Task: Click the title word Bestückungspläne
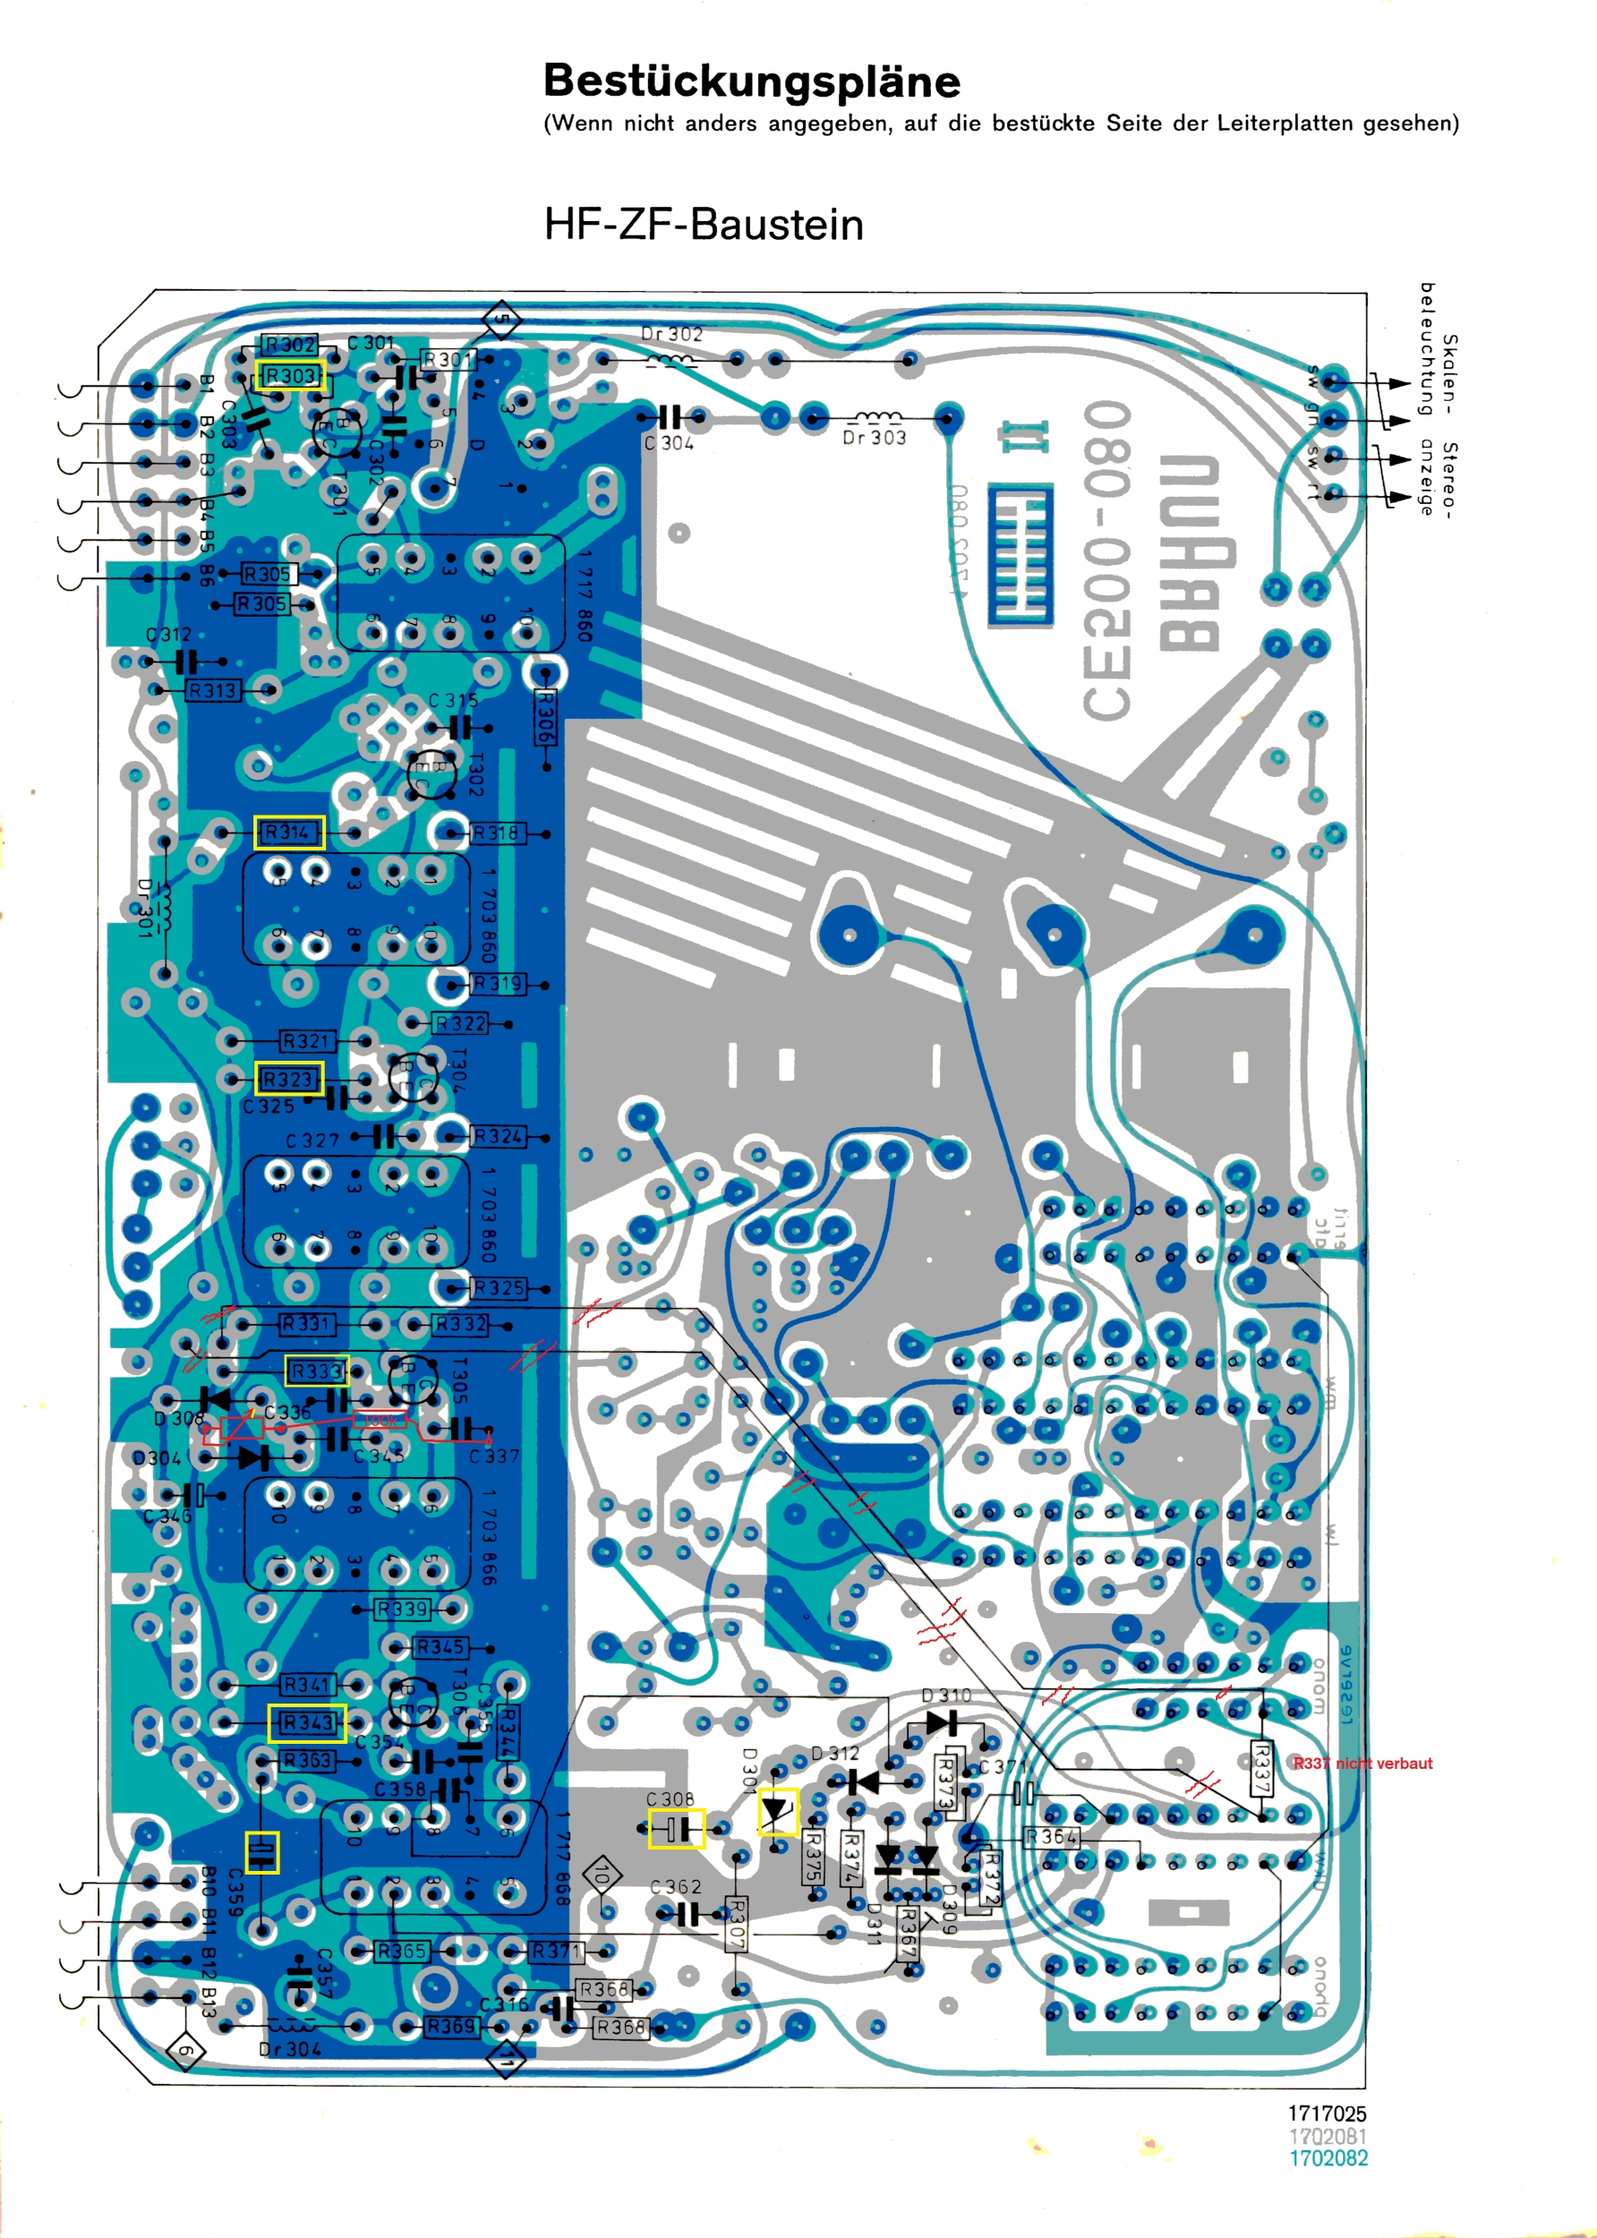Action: (751, 81)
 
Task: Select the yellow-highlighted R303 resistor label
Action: (290, 376)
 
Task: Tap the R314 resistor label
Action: (288, 832)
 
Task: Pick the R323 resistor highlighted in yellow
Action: (288, 1079)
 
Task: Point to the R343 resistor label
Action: (307, 1721)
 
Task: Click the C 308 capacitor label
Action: (670, 1798)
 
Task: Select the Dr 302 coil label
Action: (671, 334)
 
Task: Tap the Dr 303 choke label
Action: (873, 438)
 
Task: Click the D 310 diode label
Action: (946, 1696)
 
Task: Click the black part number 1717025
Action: (1327, 2114)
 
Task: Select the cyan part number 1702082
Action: (1328, 2158)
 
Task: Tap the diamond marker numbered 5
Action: (501, 320)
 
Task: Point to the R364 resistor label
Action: (1051, 1837)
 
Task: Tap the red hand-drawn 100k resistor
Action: (380, 1420)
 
